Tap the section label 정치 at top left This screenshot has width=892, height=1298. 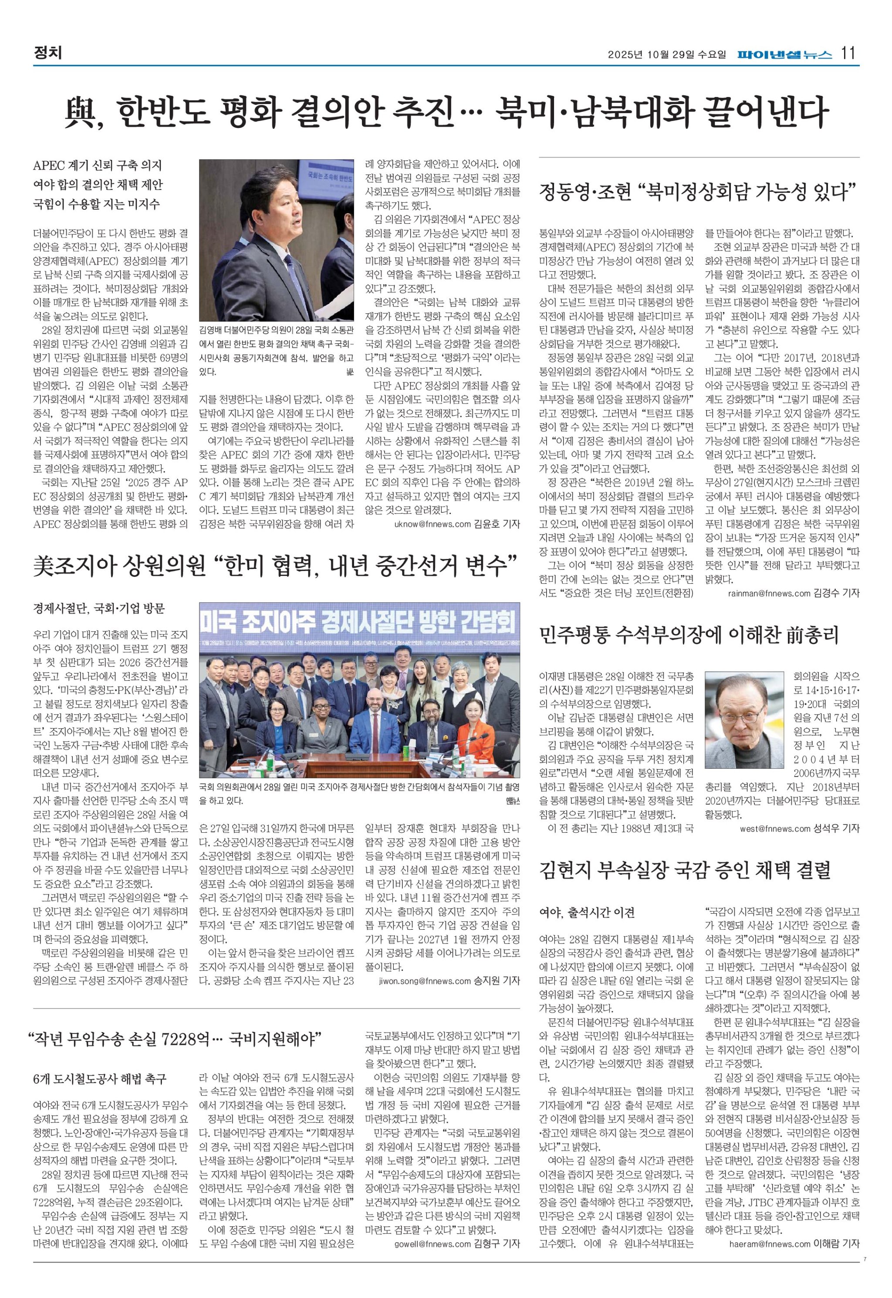tap(47, 53)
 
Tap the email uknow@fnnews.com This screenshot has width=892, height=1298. tap(432, 525)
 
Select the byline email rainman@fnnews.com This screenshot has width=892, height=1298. tap(768, 593)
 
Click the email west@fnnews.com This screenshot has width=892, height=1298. tap(775, 829)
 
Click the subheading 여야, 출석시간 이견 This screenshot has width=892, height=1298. tap(587, 913)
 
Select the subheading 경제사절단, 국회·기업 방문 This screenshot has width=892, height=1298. tap(99, 609)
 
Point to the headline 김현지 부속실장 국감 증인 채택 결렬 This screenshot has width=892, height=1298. tap(685, 870)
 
